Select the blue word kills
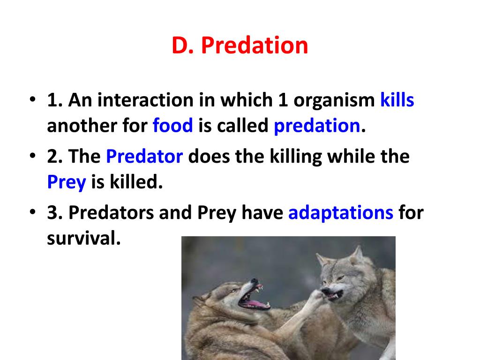(x=397, y=100)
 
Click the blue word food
(x=172, y=126)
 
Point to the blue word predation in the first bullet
(x=316, y=126)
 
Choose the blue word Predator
(x=144, y=157)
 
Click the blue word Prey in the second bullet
(x=67, y=182)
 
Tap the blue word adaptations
(x=341, y=213)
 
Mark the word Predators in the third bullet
(x=111, y=213)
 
